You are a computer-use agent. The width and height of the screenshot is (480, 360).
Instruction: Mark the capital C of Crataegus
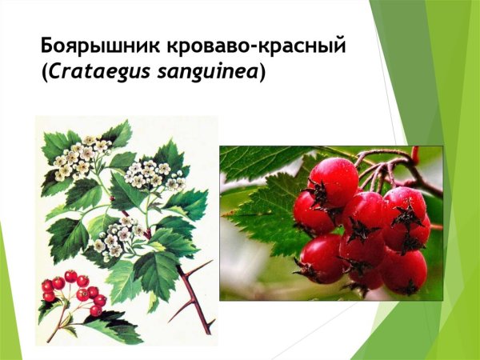pos(55,72)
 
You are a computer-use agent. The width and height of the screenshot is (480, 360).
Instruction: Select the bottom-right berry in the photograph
pos(404,272)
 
